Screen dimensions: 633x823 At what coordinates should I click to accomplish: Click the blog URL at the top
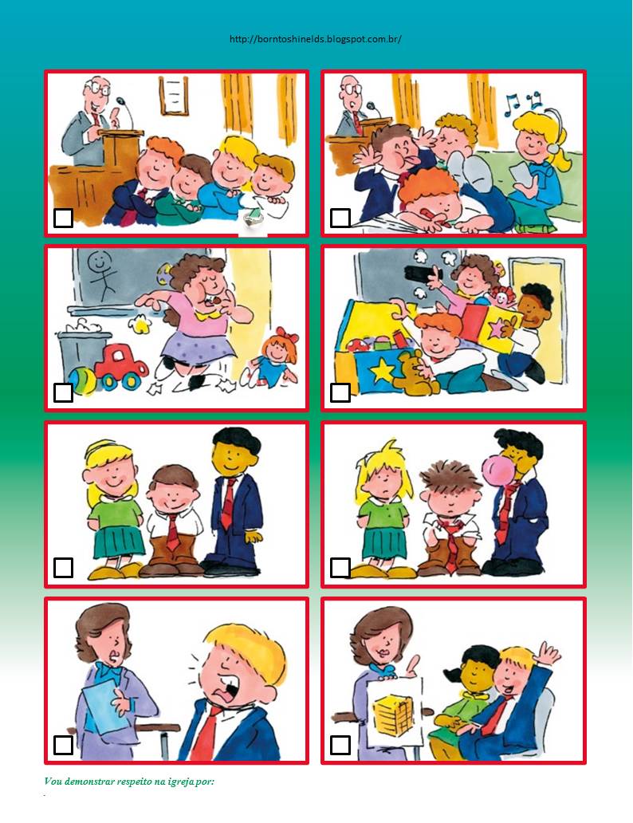[x=316, y=39]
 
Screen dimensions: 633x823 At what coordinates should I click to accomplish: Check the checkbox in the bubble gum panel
[x=340, y=567]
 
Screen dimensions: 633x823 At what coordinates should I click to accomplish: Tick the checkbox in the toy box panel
[x=340, y=392]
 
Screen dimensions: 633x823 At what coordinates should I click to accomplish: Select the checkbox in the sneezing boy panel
[x=63, y=745]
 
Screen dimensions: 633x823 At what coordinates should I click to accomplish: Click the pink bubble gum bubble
[x=496, y=472]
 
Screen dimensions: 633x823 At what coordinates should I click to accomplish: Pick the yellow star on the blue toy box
[x=382, y=369]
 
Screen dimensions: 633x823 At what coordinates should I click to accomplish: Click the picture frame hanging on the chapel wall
[x=174, y=95]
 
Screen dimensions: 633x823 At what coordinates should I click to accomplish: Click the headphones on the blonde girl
[x=552, y=133]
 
